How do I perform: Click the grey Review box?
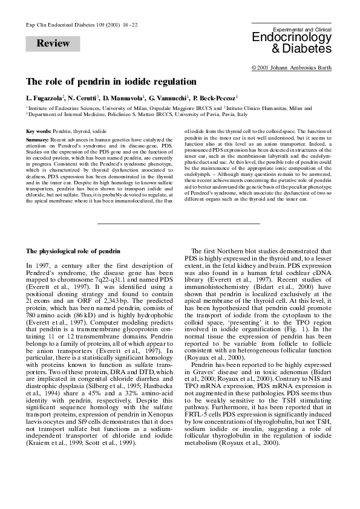coord(53,44)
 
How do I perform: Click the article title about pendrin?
coord(111,81)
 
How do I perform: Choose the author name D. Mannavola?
coord(125,97)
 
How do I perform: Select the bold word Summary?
coord(38,140)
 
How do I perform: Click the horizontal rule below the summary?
coord(179,207)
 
